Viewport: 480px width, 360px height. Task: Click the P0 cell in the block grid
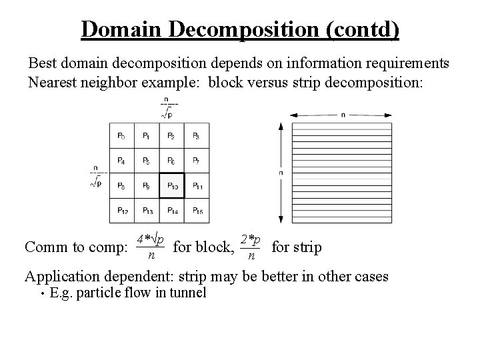(121, 136)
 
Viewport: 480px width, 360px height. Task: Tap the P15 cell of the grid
(197, 210)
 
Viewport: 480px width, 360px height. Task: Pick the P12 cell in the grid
(121, 210)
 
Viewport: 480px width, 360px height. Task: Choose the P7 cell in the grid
(197, 161)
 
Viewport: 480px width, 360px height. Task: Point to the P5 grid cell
(147, 161)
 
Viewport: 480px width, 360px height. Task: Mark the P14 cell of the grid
(171, 210)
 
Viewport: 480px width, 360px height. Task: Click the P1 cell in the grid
(147, 136)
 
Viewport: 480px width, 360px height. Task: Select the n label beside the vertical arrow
(281, 173)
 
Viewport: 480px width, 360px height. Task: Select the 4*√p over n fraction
(151, 246)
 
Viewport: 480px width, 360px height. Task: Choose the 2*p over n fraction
(251, 246)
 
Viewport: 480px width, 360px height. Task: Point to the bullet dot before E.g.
(43, 293)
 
